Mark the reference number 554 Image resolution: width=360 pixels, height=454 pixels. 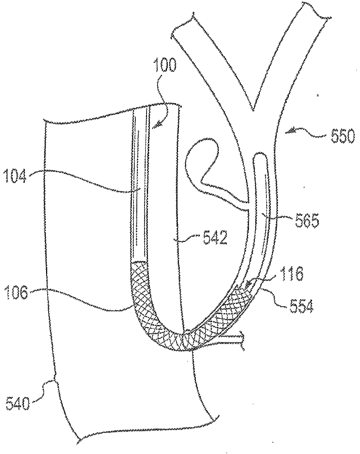point(302,306)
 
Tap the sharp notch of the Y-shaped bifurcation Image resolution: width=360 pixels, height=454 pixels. point(254,110)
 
